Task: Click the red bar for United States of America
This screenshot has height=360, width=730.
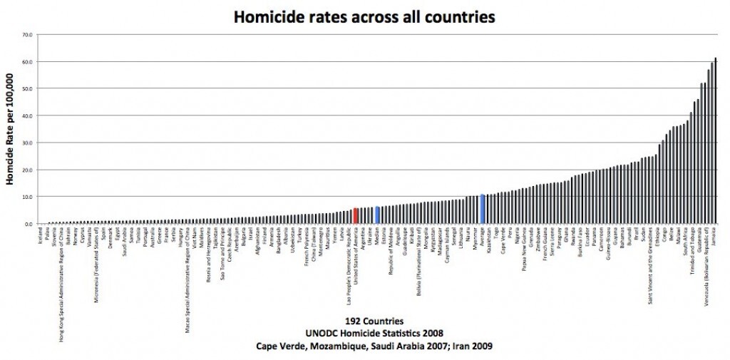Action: tap(355, 216)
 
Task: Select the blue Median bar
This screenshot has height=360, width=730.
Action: tap(377, 215)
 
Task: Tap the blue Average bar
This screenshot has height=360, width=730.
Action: tap(483, 209)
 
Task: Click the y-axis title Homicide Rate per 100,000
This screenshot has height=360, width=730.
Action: tap(11, 128)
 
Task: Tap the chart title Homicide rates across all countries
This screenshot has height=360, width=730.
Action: tap(364, 15)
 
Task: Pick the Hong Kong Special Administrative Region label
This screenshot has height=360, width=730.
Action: tap(61, 284)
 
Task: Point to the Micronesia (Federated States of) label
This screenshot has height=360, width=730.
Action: tap(96, 264)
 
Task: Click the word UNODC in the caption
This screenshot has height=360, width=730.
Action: tap(321, 333)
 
